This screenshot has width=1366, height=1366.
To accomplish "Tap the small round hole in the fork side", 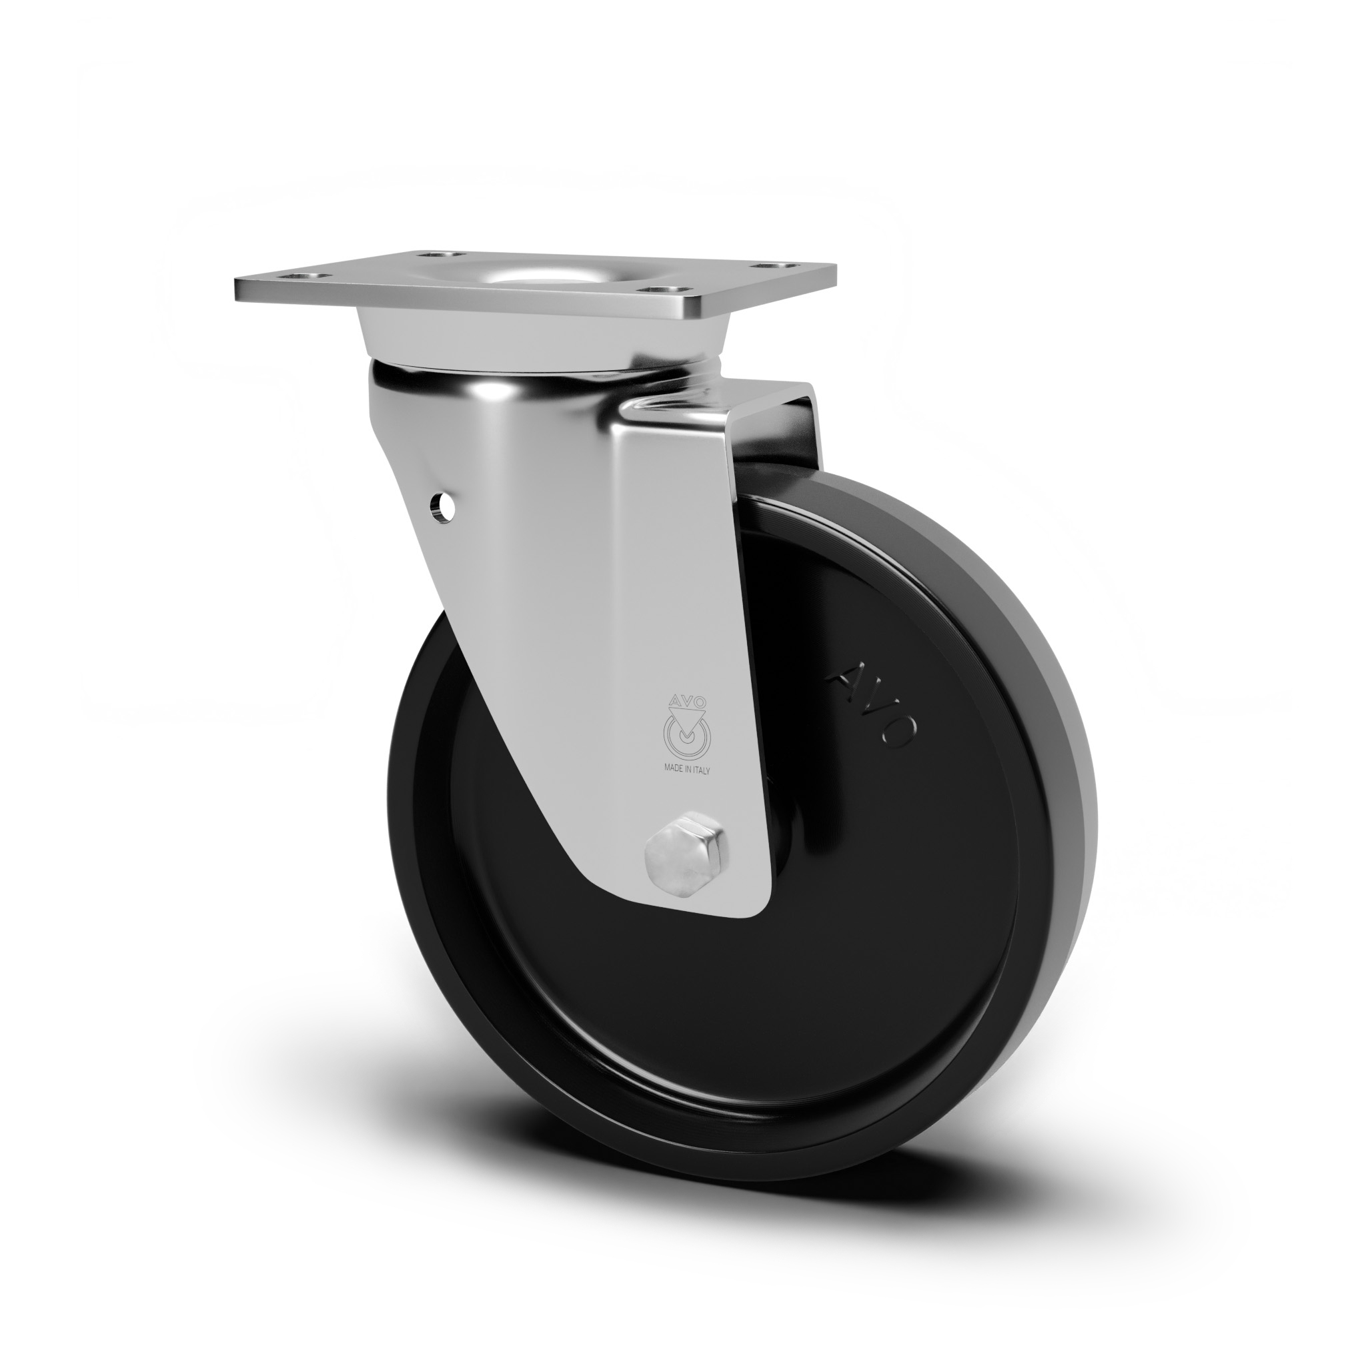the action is tap(444, 506).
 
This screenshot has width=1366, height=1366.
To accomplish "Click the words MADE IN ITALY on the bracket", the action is tap(686, 770).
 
